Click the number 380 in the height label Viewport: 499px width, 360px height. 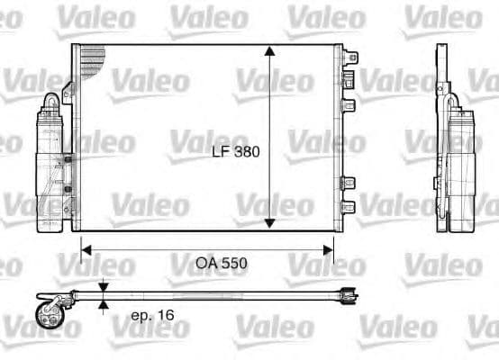click(246, 152)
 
